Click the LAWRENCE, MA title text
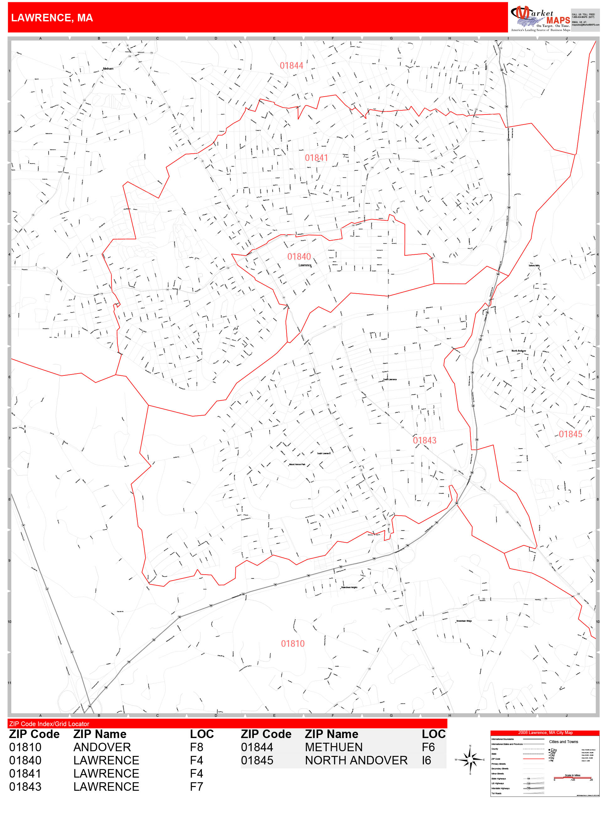52,18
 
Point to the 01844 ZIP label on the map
291,66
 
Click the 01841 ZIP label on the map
316,158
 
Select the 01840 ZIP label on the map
299,257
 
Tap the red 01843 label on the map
424,440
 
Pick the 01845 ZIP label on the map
570,434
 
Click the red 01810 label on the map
293,644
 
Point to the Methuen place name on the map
108,69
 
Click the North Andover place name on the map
518,351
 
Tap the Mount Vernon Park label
297,464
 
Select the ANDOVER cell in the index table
102,747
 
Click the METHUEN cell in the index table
334,747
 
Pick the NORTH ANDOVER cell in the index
356,760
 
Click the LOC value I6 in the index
426,760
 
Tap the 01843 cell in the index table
25,787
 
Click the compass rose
470,759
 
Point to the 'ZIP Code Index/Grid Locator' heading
49,724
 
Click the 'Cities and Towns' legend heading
563,742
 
